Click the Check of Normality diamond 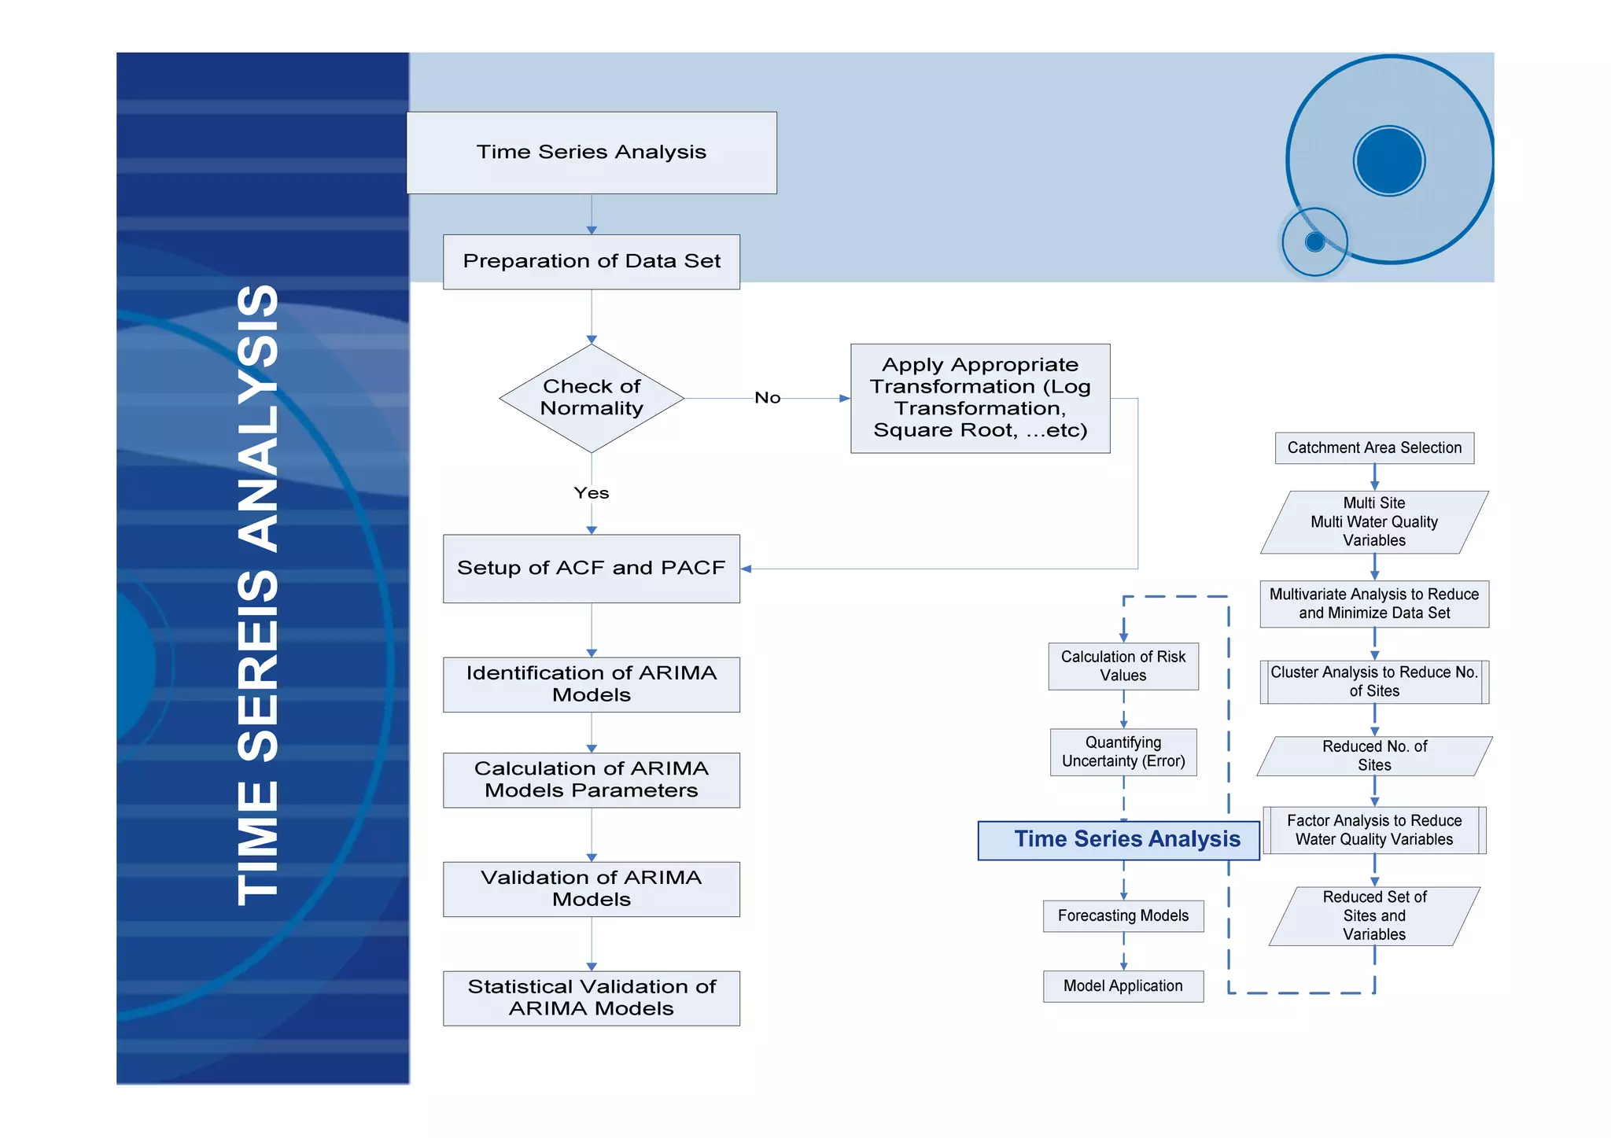click(x=592, y=398)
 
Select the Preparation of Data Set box click(x=592, y=262)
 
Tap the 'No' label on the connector click(x=768, y=398)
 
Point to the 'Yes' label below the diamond click(x=592, y=493)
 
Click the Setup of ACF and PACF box click(x=592, y=569)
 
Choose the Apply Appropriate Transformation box click(x=980, y=398)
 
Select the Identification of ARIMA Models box click(x=592, y=684)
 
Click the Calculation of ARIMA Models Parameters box click(x=592, y=780)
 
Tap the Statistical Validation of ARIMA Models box click(x=592, y=998)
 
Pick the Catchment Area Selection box click(x=1374, y=448)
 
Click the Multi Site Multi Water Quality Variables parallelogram click(x=1374, y=522)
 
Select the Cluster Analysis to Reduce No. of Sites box click(x=1374, y=682)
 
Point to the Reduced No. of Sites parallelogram click(x=1374, y=756)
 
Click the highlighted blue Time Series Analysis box click(x=1119, y=840)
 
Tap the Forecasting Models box click(x=1123, y=916)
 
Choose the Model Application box click(x=1123, y=986)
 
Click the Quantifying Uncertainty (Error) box click(x=1123, y=752)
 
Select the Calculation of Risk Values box click(x=1123, y=666)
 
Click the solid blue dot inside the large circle click(x=1389, y=161)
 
